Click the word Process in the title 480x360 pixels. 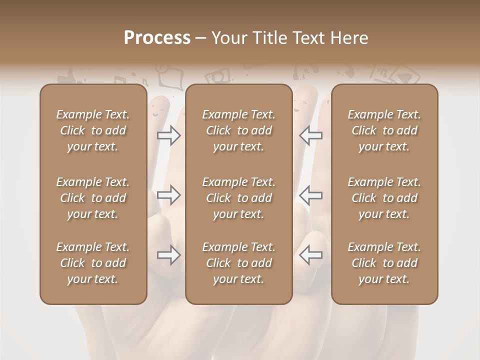157,38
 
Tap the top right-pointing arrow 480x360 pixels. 169,135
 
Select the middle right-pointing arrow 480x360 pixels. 169,195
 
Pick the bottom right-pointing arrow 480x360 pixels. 169,255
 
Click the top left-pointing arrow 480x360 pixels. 310,135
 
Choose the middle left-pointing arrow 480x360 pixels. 310,195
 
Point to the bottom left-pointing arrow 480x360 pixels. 310,255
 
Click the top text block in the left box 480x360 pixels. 93,130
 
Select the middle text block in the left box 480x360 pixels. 93,198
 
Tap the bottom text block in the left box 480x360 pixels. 93,263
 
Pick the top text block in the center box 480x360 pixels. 239,130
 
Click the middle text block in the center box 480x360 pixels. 239,198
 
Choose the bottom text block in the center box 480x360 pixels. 239,263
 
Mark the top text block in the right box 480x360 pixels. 384,130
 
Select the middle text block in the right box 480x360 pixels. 384,198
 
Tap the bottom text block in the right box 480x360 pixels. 384,263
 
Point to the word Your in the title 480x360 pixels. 230,38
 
